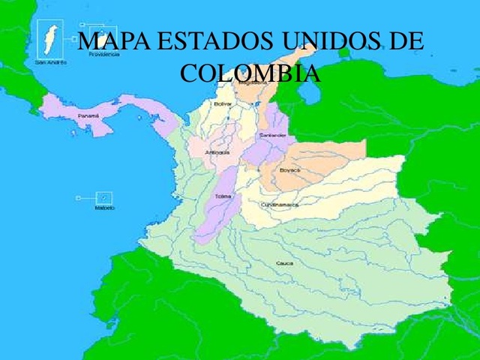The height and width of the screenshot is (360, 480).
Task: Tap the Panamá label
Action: (x=88, y=116)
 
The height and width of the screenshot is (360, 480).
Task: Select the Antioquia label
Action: (x=217, y=152)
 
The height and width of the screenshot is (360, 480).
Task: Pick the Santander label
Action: (x=271, y=135)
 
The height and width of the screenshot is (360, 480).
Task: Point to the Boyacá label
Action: (x=289, y=170)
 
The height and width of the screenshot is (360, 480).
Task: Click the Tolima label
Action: (x=223, y=196)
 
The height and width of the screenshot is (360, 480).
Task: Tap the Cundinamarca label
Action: (x=280, y=205)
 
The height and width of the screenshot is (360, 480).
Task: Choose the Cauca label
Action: (x=284, y=263)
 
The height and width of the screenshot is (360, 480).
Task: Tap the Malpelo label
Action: (x=104, y=208)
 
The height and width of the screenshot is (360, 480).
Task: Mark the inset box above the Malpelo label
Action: (x=105, y=197)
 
